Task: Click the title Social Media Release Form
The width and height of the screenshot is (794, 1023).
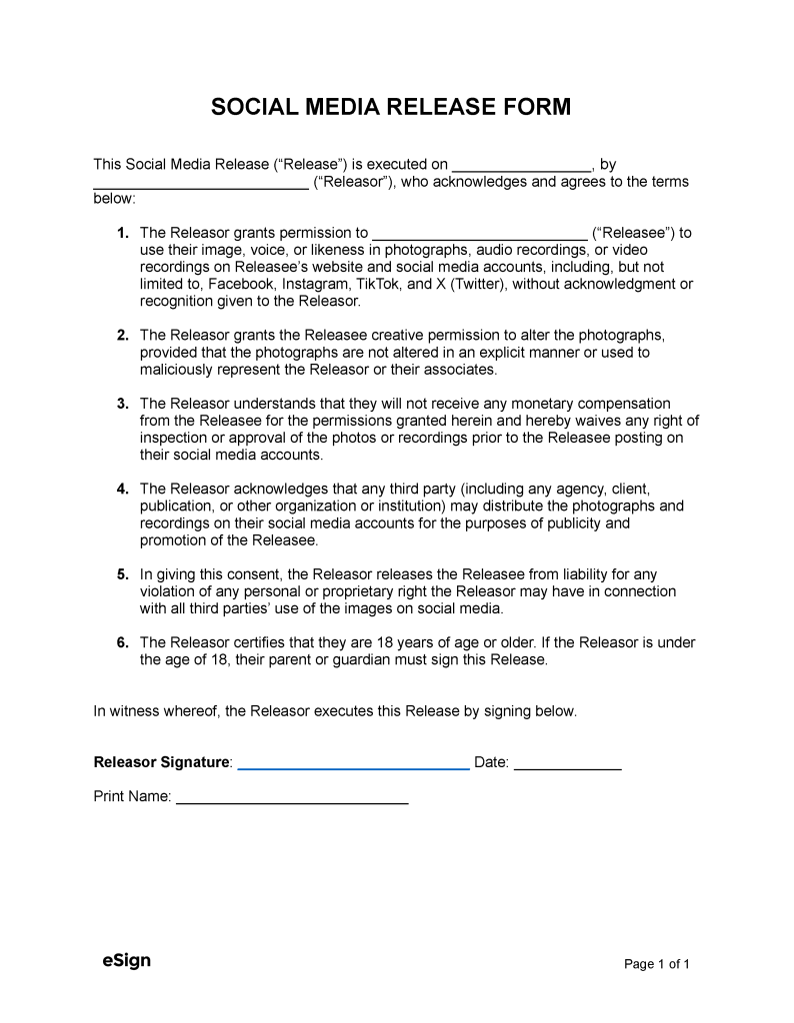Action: pos(391,108)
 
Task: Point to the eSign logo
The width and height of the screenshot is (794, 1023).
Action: pos(126,961)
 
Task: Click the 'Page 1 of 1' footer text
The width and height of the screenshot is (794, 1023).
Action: pos(657,964)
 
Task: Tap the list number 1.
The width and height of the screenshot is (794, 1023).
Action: pos(122,233)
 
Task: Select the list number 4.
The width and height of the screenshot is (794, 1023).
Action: pos(122,489)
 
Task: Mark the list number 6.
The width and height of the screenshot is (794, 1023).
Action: pos(122,642)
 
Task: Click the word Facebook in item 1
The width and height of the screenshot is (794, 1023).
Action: pos(241,284)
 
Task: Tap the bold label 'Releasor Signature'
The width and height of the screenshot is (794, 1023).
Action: pos(161,762)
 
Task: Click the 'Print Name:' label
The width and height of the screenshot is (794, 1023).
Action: pos(132,797)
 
